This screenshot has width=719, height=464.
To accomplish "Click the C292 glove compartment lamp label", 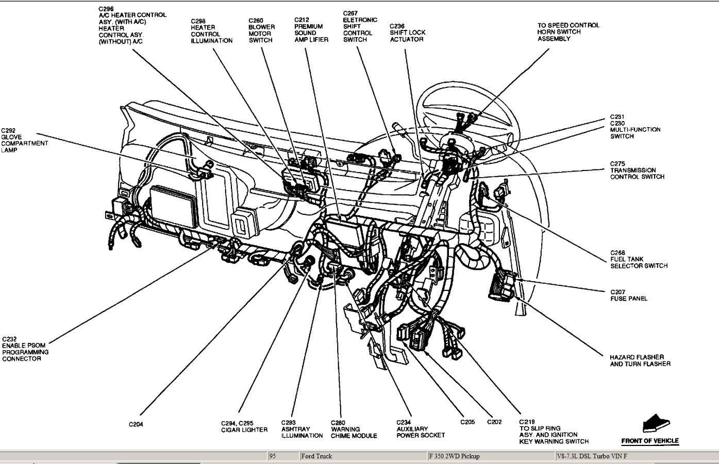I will tap(24, 140).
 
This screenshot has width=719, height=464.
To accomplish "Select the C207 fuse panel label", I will tap(629, 295).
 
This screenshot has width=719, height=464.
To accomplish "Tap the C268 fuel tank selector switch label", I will tap(639, 260).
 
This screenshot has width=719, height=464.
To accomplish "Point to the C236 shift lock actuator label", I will tap(407, 32).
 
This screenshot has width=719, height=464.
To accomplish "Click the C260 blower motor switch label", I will tap(261, 30).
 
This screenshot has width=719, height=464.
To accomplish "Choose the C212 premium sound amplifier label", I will tap(311, 29).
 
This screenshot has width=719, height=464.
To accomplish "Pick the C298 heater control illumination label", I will tap(211, 31).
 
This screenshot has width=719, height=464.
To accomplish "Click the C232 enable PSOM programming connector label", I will tap(25, 349).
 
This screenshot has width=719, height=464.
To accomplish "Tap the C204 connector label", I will tap(136, 424).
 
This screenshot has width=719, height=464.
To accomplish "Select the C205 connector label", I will tap(467, 422).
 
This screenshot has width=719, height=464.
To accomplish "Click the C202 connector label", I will tap(494, 422).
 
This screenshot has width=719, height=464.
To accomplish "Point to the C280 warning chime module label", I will tap(354, 429).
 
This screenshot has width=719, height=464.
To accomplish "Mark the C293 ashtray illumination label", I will tap(302, 429).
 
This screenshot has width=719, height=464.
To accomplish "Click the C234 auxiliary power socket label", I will tap(421, 428).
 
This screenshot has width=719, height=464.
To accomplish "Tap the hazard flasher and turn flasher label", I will tap(640, 360).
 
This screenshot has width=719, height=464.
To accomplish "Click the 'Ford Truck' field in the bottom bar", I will tap(316, 456).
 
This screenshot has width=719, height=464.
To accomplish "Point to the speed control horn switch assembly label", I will tap(568, 32).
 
